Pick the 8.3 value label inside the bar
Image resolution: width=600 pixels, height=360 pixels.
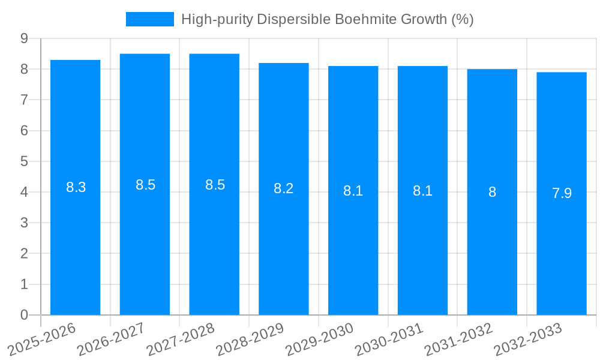(76, 187)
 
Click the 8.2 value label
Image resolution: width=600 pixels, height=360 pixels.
(283, 188)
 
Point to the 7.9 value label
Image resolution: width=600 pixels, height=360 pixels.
(562, 193)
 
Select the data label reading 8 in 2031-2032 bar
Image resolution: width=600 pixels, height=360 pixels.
(492, 193)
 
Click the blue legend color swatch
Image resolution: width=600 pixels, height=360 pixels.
(149, 19)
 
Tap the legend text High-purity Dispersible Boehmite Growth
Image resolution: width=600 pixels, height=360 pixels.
(328, 19)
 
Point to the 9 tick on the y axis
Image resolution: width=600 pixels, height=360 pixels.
(24, 38)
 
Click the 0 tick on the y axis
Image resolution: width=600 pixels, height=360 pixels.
(24, 315)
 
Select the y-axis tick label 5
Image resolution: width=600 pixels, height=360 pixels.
(24, 161)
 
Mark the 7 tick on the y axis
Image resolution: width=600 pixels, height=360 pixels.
(24, 100)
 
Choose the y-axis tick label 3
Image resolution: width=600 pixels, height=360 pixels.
(24, 223)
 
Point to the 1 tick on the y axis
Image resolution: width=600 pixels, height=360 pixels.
(24, 284)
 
